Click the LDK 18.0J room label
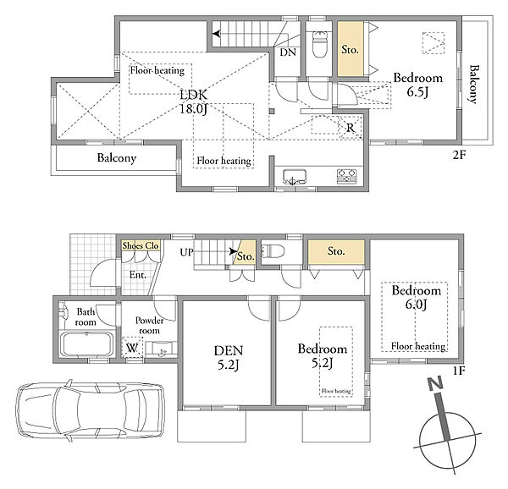pos(194,102)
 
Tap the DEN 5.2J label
pos(228,358)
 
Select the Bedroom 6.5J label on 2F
pos(417,85)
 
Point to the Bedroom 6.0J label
pos(417,297)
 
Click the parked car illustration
pos(91,410)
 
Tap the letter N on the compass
pos(435,384)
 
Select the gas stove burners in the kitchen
pos(346,176)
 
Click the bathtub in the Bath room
pos(86,344)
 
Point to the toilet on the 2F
pos(319,44)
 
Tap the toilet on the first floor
pos(273,250)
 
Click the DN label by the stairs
pos(288,52)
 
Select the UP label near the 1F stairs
pos(186,252)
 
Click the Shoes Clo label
pos(141,245)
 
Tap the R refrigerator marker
pos(351,128)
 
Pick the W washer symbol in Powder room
pos(132,348)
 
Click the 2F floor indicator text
pos(459,156)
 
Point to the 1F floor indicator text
pos(459,371)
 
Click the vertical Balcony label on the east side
pos(474,84)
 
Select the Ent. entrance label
pos(138,275)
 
